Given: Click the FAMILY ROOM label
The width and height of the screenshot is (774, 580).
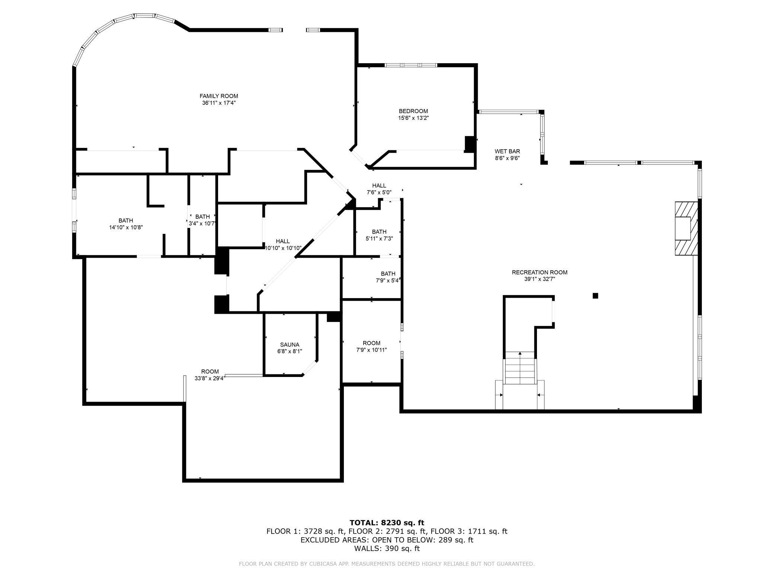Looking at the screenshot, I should [x=219, y=96].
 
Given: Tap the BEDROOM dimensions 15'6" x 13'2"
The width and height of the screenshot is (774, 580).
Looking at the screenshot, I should [x=413, y=118].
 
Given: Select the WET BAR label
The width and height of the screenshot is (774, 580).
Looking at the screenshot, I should [x=507, y=151].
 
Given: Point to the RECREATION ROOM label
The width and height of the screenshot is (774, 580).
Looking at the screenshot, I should [x=539, y=272].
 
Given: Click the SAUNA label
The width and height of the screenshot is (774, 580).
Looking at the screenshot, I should [x=290, y=345].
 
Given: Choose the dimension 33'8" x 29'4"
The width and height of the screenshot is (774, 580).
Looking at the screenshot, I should [x=210, y=378].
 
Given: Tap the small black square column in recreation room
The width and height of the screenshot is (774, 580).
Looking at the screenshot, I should [x=595, y=296].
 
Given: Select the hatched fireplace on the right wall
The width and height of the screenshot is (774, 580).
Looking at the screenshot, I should [x=687, y=228].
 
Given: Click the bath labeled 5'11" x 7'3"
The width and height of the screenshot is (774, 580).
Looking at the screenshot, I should [x=379, y=235].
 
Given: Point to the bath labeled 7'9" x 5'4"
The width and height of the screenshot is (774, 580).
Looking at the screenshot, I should [x=388, y=277].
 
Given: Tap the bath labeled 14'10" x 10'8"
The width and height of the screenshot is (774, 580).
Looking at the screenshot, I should [x=126, y=224].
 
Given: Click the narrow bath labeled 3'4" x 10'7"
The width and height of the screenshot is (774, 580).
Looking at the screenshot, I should [x=202, y=220].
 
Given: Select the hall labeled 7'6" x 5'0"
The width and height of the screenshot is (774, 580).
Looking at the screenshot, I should [x=379, y=189].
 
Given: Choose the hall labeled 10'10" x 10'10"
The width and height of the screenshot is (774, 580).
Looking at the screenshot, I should [x=282, y=245].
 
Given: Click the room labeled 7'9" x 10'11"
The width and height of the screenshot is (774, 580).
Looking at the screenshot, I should [x=371, y=346].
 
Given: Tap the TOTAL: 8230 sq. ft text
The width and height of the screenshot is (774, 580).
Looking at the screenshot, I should [x=387, y=523].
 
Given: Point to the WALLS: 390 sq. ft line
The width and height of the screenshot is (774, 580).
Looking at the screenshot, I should [x=387, y=548].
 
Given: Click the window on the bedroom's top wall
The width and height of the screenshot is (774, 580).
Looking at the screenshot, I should [x=410, y=65].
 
